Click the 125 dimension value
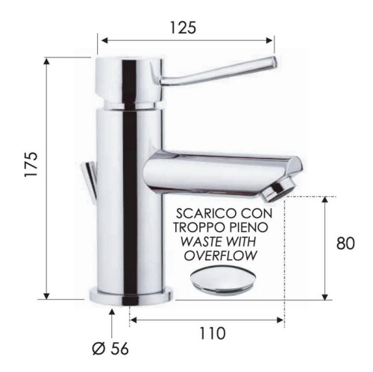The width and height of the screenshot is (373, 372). point(183,28)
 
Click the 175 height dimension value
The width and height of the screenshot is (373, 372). point(31,164)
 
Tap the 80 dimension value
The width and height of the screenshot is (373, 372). point(345,243)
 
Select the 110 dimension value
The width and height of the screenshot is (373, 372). point(213,333)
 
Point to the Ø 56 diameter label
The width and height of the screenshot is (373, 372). point(110,349)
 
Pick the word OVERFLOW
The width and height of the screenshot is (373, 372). point(220,256)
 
